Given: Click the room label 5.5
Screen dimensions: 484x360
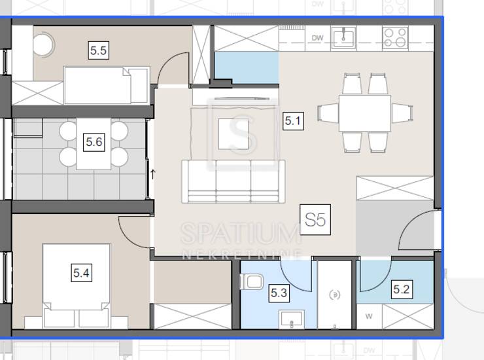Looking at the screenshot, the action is click(99, 50).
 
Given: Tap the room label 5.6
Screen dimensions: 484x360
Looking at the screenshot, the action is click(94, 142).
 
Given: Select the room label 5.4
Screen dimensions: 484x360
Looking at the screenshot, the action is click(82, 272).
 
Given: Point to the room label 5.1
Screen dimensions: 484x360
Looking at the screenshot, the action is click(293, 120).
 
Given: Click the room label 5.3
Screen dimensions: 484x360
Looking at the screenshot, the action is click(279, 293).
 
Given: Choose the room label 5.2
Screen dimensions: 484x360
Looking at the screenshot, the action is click(402, 289).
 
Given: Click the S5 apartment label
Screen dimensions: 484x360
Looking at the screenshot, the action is click(315, 220).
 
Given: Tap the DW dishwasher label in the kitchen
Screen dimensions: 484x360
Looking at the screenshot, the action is click(317, 38).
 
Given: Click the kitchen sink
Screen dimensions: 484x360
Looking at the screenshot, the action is click(343, 38).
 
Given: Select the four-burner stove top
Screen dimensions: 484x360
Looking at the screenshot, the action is click(396, 38).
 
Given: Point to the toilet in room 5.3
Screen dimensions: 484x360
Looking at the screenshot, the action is click(252, 282).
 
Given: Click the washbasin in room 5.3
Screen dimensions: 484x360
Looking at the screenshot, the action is click(292, 319).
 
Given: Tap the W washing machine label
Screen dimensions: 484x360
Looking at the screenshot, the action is click(369, 316).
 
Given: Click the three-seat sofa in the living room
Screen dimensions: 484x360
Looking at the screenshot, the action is click(233, 181).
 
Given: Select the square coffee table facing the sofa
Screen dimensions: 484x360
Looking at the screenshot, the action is click(233, 134).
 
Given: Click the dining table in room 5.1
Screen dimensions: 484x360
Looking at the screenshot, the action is click(365, 113).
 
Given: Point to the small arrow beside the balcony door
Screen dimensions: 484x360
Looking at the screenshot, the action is click(152, 174).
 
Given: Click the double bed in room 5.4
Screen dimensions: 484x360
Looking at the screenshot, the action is click(77, 286).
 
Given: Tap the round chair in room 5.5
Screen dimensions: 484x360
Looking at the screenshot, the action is click(44, 44).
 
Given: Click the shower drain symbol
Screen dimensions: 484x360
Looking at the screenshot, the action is click(335, 295).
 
